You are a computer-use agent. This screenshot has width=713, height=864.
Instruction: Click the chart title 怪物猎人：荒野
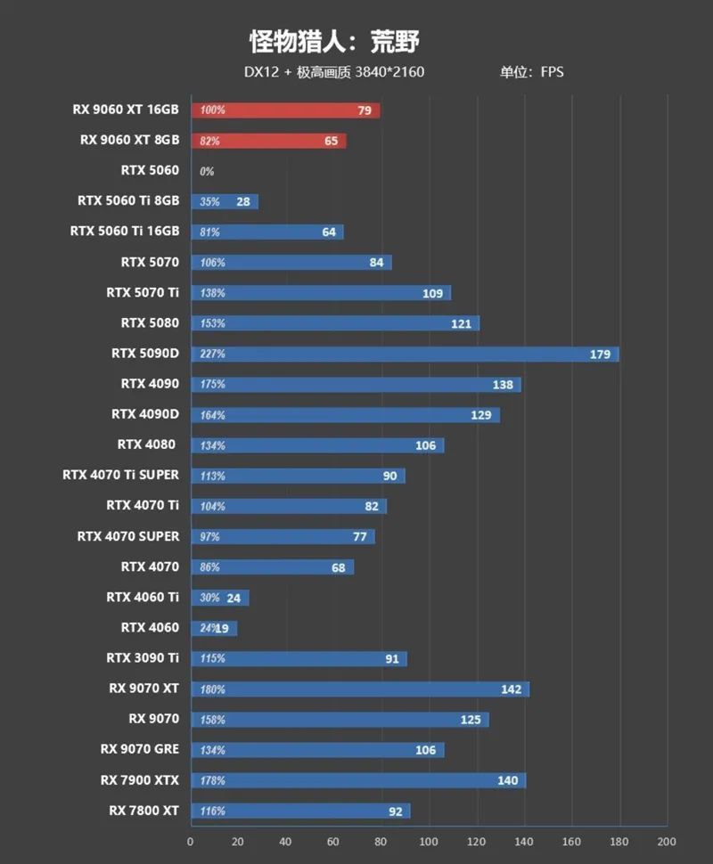pos(333,41)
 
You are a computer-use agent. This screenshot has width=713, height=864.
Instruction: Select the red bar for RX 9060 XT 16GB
pos(285,110)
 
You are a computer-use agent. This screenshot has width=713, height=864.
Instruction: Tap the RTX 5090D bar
pos(405,354)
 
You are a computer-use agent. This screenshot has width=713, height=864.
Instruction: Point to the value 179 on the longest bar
pos(600,355)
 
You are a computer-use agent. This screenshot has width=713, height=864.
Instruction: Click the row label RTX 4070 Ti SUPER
pos(121,475)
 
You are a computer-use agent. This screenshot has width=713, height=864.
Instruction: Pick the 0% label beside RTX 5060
pos(207,171)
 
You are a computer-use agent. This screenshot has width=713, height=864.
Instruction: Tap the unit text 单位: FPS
pos(532,72)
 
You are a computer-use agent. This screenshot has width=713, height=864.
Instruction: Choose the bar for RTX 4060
pos(214,628)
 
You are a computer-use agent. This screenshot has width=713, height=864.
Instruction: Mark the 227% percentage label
pos(213,355)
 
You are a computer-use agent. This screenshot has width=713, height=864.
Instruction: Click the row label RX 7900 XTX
pos(140,780)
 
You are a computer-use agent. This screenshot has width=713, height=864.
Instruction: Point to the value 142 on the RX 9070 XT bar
pos(512,689)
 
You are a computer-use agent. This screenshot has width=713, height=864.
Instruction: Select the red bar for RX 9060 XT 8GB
pos(268,141)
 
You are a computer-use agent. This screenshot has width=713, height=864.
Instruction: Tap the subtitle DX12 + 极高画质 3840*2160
pos(334,72)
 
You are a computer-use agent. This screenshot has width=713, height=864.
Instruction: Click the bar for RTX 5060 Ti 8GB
pos(225,202)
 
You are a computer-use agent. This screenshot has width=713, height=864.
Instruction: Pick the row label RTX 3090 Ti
pos(143,658)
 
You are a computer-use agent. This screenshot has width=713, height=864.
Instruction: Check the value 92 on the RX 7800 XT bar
pos(396,811)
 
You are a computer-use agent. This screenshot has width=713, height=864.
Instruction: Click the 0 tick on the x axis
pos(191,842)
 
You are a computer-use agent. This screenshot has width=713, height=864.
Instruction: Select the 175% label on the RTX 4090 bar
pos(213,385)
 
